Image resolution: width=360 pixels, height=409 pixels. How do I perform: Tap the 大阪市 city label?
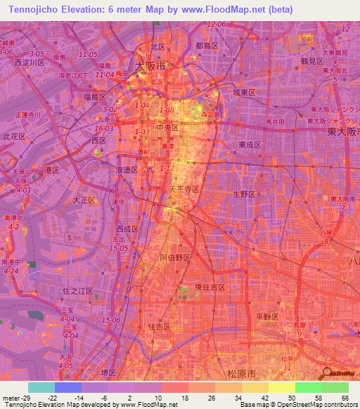pos(150,65)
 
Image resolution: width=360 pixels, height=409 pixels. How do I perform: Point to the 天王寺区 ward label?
pos(184,190)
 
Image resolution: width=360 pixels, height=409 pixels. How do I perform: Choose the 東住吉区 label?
pos(210,287)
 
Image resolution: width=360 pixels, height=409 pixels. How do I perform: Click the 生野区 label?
pos(245,195)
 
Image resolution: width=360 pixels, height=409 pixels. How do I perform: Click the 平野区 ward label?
pos(267,317)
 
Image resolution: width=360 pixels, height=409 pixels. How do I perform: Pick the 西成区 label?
pos(128,229)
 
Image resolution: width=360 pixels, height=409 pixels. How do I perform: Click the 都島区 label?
pos(208,46)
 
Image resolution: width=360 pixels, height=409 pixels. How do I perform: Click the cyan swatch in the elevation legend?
pos(41,387)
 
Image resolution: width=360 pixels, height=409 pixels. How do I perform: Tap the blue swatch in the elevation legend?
pos(67,387)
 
